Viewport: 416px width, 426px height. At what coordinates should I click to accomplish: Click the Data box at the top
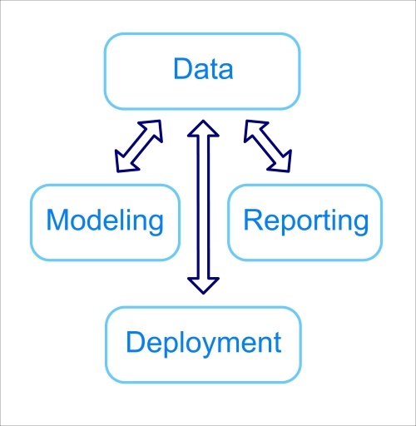tap(201, 71)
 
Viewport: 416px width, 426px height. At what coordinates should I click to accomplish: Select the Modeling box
tap(105, 221)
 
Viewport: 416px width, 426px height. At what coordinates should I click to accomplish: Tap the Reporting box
tap(305, 221)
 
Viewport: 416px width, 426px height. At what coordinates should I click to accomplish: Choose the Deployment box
tap(202, 344)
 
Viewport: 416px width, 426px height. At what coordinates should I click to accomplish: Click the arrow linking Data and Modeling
tap(139, 146)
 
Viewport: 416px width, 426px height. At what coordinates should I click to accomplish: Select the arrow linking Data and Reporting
tap(268, 146)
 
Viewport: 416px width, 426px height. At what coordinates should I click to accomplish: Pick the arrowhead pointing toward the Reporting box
tap(283, 161)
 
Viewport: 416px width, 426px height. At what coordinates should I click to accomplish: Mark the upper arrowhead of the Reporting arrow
tap(252, 129)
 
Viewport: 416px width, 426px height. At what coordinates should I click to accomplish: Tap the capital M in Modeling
tap(57, 220)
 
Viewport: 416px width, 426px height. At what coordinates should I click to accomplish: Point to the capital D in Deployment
tap(136, 342)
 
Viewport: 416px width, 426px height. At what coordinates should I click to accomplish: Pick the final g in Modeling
tap(154, 225)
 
